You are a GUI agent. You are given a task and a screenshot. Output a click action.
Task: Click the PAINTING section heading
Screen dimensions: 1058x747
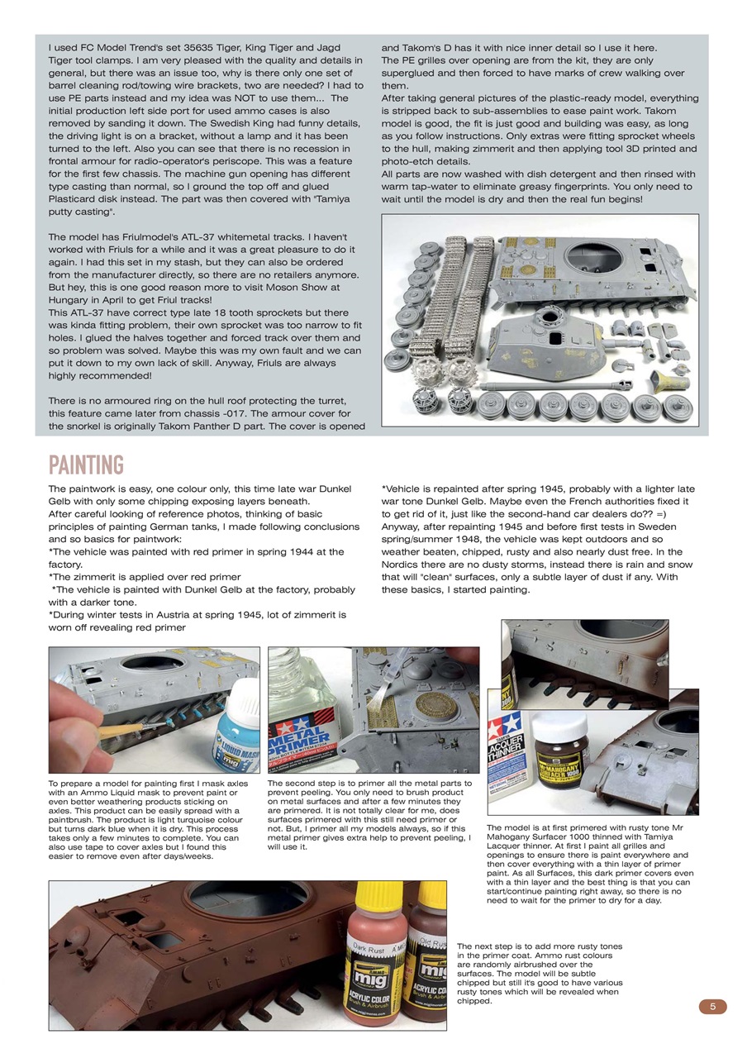[86, 465]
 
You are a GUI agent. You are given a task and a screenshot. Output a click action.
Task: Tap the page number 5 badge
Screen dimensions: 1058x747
[712, 1006]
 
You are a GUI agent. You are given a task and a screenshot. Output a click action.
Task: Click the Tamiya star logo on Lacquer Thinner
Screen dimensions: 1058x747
[504, 722]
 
